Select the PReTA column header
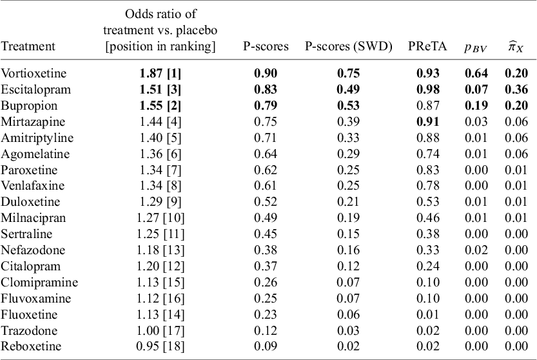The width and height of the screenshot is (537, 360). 424,46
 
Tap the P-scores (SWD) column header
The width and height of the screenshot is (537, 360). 348,46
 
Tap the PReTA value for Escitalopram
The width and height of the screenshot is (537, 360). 424,89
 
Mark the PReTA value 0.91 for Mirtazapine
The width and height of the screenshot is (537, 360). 424,121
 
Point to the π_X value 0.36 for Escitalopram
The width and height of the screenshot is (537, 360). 516,89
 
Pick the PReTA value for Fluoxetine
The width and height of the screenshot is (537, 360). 424,315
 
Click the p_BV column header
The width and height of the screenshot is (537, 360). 476,46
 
